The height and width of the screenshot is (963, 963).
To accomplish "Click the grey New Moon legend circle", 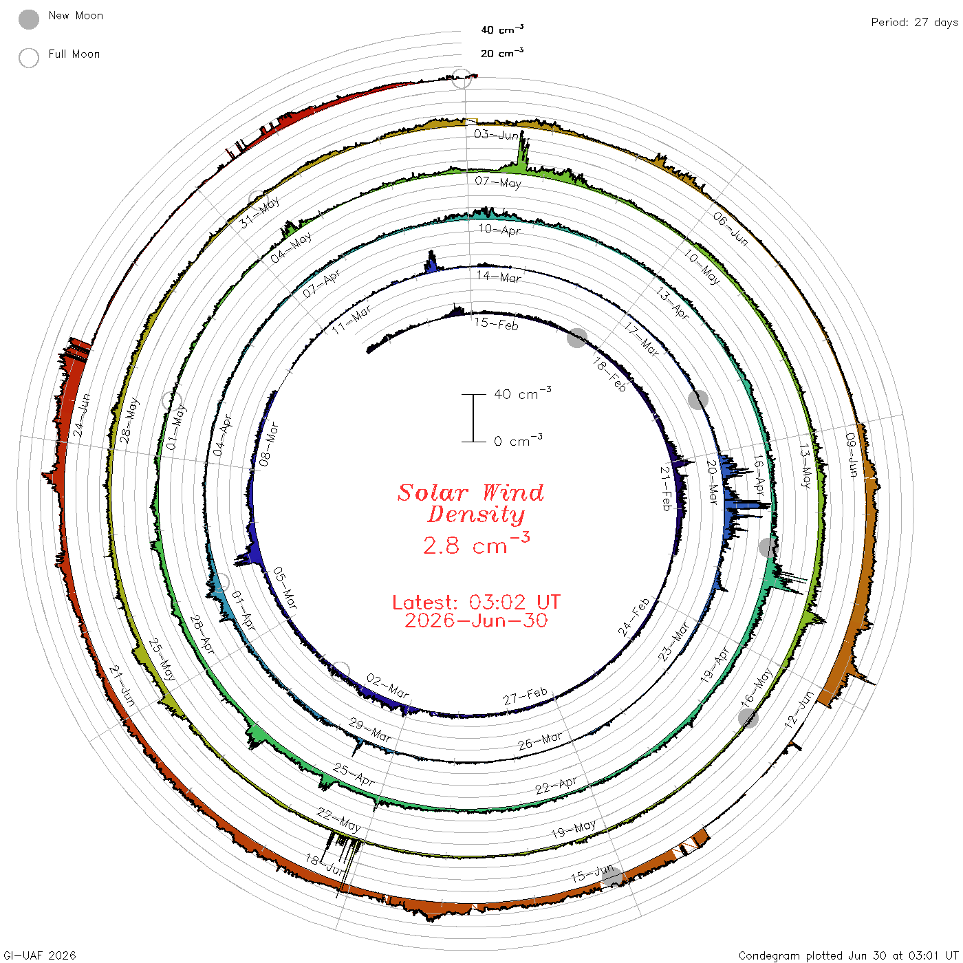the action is pos(28,19).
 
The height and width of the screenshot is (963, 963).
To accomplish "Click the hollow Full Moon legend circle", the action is pos(28,58).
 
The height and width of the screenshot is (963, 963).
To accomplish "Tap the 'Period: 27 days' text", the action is pos(915,23).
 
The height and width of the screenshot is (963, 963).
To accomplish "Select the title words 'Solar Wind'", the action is pos(470,493).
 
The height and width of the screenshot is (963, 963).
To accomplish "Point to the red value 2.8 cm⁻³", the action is pos(476,544).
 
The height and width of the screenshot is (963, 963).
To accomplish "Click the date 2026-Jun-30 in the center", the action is pos(476,620).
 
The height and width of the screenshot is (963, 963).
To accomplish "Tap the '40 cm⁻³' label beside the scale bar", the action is pos(523,393).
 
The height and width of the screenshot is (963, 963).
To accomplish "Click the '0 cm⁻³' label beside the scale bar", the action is pos(518,441).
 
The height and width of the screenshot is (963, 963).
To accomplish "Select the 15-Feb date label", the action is pos(497,324).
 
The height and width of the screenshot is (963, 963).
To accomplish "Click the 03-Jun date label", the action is pos(496,134).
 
